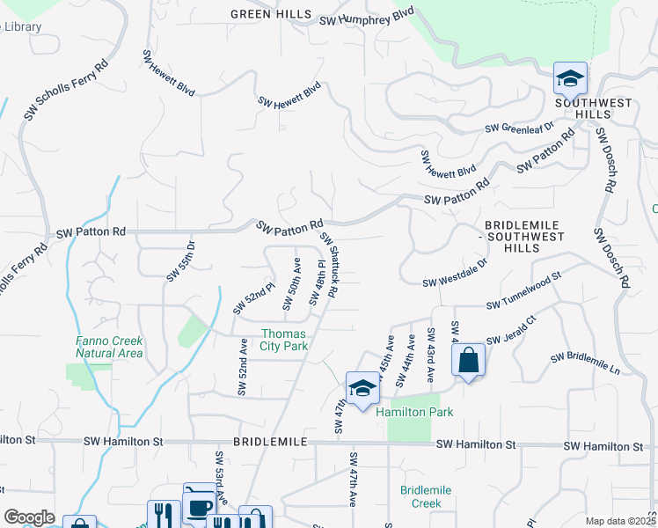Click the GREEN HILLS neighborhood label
[x=271, y=14]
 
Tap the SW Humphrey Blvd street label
[x=366, y=18]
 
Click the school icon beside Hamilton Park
[x=362, y=390]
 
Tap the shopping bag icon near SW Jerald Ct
[x=468, y=360]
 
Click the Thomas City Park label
[x=284, y=340]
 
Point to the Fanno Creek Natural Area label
[x=109, y=347]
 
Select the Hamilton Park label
[x=408, y=411]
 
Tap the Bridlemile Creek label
[x=426, y=496]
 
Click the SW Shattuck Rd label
[x=330, y=264]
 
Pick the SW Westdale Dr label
[x=455, y=274]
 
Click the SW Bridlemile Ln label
[x=585, y=363]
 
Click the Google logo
[x=29, y=517]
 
